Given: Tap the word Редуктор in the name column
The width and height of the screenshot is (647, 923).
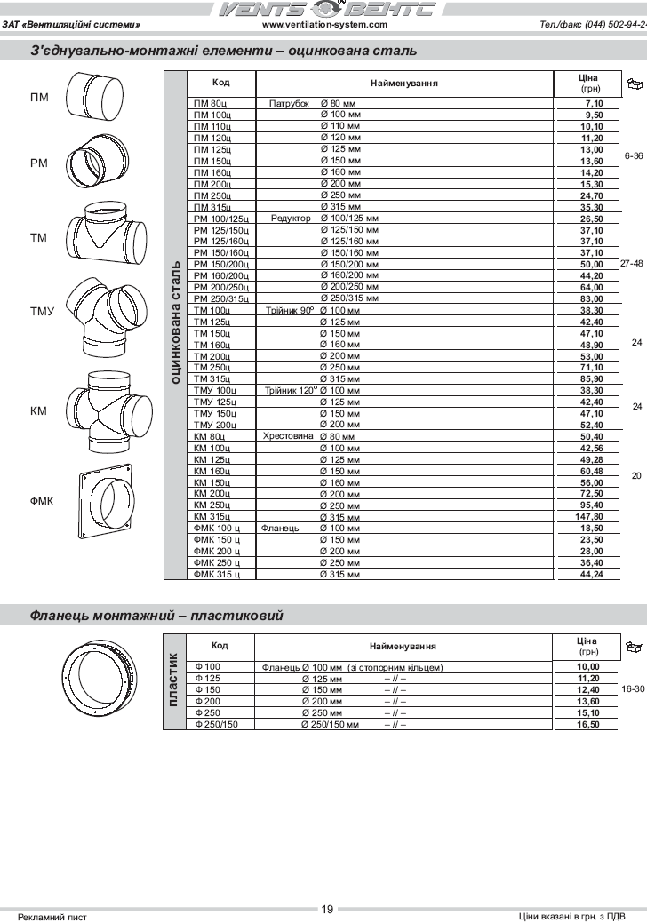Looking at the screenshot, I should click(x=291, y=219).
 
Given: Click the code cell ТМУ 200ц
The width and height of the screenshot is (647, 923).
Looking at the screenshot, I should click(x=214, y=426).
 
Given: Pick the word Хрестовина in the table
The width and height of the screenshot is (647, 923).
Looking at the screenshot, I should click(x=288, y=437).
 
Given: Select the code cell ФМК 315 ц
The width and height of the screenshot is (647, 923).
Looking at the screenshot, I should click(x=217, y=575).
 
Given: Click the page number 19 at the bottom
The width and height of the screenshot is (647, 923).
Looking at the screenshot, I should click(x=327, y=909).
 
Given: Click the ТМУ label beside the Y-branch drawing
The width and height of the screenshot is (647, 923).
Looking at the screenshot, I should click(x=42, y=311).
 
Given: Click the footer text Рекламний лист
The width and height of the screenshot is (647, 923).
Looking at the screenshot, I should click(x=52, y=916).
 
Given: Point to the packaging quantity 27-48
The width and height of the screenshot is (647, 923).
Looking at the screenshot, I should click(x=632, y=264).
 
